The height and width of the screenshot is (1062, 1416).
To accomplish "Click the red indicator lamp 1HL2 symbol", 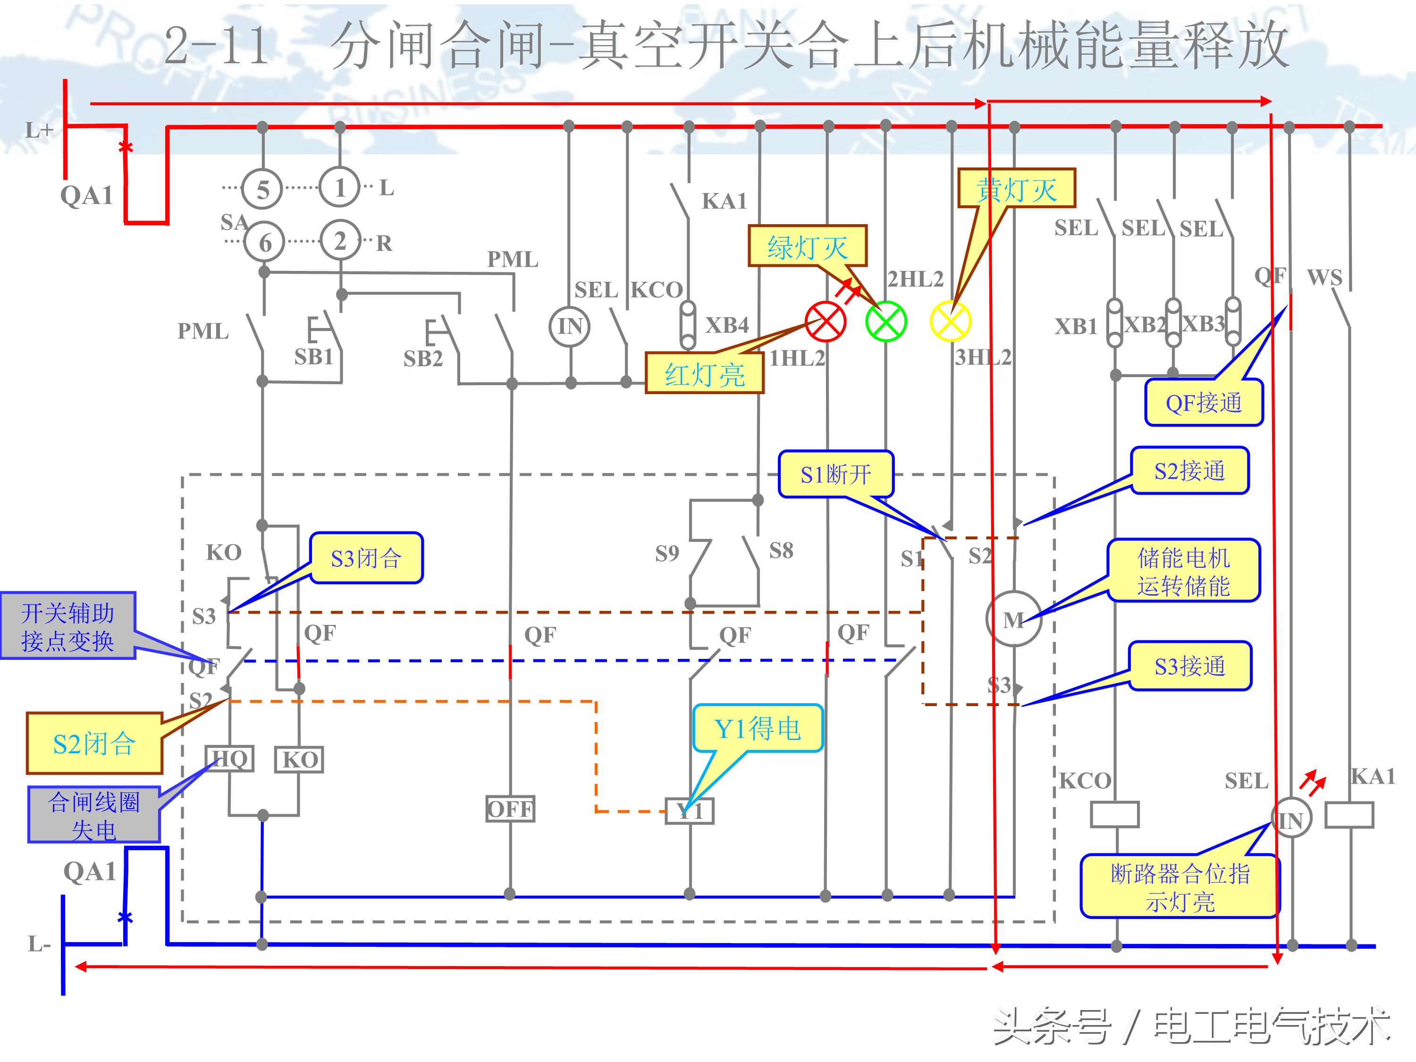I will pyautogui.click(x=825, y=321).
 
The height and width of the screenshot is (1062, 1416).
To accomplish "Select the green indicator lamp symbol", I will pyautogui.click(x=886, y=321).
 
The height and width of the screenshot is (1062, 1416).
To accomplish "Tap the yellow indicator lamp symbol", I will pyautogui.click(x=950, y=321).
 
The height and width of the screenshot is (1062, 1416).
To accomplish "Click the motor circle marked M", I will pyautogui.click(x=1013, y=619).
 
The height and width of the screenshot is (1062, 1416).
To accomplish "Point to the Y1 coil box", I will pyautogui.click(x=690, y=811).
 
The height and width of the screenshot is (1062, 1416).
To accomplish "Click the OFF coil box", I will pyautogui.click(x=510, y=809).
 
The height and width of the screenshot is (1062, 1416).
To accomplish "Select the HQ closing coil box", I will pyautogui.click(x=229, y=759).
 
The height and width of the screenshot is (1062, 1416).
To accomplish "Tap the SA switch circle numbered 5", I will pyautogui.click(x=262, y=189).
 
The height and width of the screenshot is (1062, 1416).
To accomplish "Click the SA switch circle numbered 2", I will pyautogui.click(x=340, y=241).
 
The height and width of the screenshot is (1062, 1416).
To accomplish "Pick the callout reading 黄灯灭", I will pyautogui.click(x=1016, y=188).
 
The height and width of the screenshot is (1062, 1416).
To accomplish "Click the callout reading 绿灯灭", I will pyautogui.click(x=807, y=246).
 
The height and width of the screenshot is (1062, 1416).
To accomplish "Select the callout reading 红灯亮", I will pyautogui.click(x=704, y=373).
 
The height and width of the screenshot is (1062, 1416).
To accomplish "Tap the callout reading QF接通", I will pyautogui.click(x=1204, y=403).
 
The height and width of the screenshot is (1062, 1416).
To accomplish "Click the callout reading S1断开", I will pyautogui.click(x=835, y=474).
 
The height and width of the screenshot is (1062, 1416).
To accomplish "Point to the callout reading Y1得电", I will pyautogui.click(x=757, y=728).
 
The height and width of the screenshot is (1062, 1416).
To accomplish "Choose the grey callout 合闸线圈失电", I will pyautogui.click(x=93, y=814).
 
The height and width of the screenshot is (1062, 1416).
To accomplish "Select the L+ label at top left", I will pyautogui.click(x=38, y=131).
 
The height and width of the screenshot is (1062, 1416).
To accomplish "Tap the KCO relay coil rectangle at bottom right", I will pyautogui.click(x=1114, y=815).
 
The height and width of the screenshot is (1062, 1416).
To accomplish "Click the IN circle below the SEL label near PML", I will pyautogui.click(x=570, y=327).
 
